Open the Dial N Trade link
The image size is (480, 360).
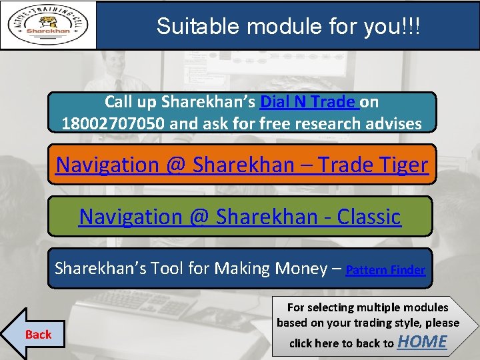[x=309, y=102]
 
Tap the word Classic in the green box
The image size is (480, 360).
[x=369, y=216]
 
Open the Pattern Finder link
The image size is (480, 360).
[x=385, y=270]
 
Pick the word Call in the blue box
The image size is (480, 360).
[x=118, y=102]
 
